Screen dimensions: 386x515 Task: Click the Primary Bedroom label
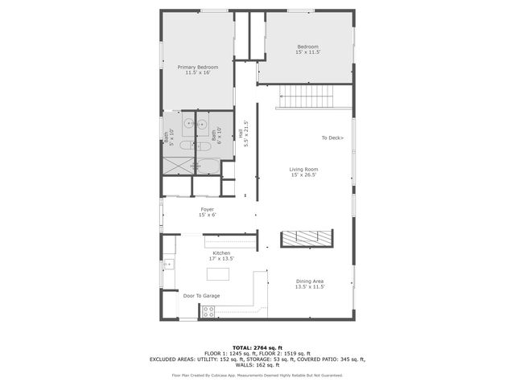(x=198, y=70)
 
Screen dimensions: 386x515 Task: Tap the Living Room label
(x=304, y=172)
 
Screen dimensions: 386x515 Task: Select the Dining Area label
(x=310, y=283)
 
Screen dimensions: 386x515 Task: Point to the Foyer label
(x=207, y=211)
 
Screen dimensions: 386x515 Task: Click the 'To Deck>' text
(x=332, y=138)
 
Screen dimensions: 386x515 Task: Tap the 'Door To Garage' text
(x=201, y=296)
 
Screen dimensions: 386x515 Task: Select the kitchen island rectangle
(x=218, y=274)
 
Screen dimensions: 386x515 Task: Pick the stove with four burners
(x=208, y=311)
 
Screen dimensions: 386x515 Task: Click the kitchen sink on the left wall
(x=168, y=264)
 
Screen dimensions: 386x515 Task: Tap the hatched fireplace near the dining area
(x=306, y=238)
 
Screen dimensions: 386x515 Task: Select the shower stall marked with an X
(x=178, y=166)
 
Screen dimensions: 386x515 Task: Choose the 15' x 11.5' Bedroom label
(x=308, y=50)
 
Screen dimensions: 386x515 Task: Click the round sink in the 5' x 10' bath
(x=187, y=124)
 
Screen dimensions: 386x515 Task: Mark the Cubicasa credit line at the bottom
(x=257, y=375)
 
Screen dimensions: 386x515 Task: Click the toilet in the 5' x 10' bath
(x=183, y=146)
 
